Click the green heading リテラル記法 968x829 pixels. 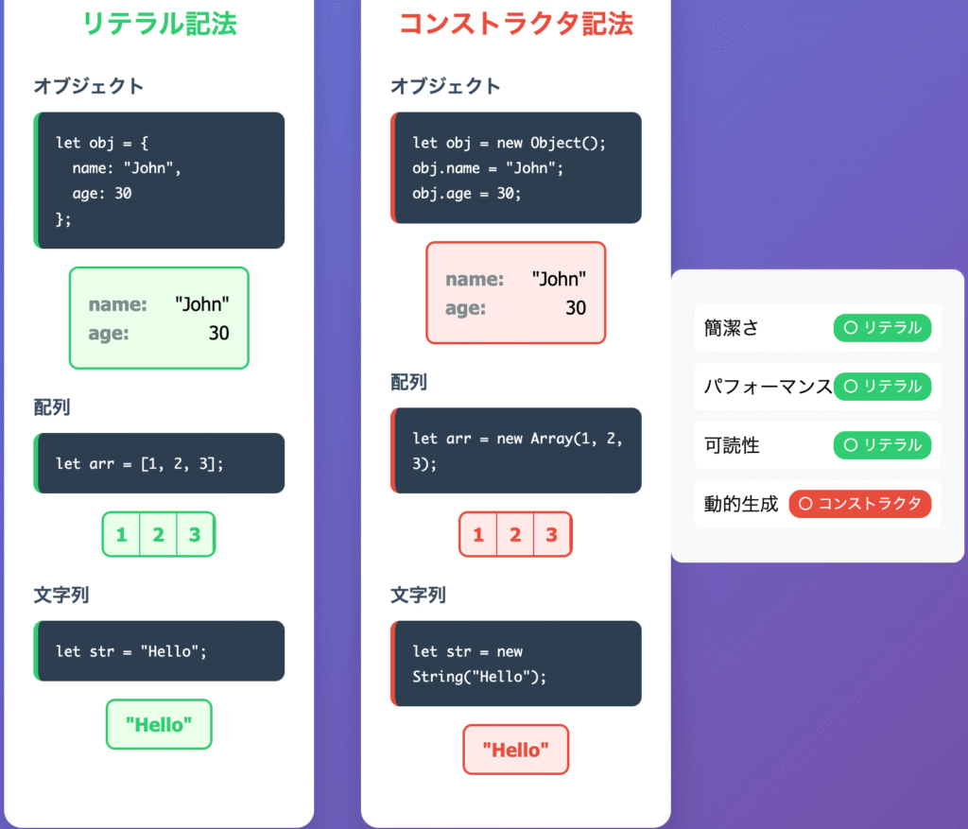pyautogui.click(x=159, y=24)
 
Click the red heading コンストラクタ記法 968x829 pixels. pyautogui.click(x=516, y=24)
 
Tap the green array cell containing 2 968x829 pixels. pyautogui.click(x=158, y=535)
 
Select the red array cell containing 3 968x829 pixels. pyautogui.click(x=551, y=535)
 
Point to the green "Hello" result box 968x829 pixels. pyautogui.click(x=159, y=725)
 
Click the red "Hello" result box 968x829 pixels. pyautogui.click(x=515, y=750)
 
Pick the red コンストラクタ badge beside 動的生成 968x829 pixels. pyautogui.click(x=859, y=504)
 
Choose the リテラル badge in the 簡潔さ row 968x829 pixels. pyautogui.click(x=882, y=328)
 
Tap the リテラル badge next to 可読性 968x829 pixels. pyautogui.click(x=882, y=445)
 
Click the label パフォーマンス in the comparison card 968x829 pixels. pyautogui.click(x=768, y=387)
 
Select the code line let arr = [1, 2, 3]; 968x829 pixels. pyautogui.click(x=140, y=463)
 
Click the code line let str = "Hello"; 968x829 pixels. pyautogui.click(x=130, y=651)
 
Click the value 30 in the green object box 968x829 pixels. pyautogui.click(x=218, y=333)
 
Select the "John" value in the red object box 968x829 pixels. pyautogui.click(x=559, y=279)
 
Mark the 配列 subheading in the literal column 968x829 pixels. pyautogui.click(x=52, y=407)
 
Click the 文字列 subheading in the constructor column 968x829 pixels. pyautogui.click(x=418, y=596)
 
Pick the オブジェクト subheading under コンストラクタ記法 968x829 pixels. pyautogui.click(x=445, y=86)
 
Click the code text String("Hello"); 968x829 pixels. pyautogui.click(x=479, y=677)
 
